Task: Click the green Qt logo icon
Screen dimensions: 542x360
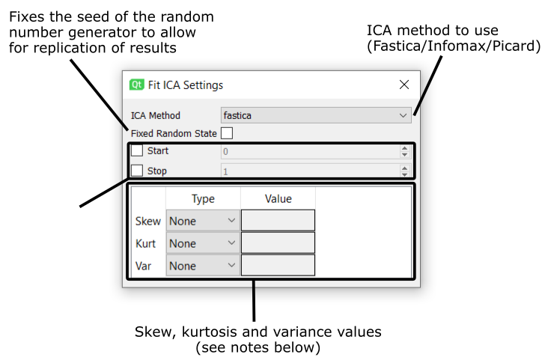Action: point(136,85)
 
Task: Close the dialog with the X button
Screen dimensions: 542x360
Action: point(404,85)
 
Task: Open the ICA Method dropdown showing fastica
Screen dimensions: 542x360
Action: point(316,115)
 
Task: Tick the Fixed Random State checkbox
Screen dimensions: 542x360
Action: point(227,133)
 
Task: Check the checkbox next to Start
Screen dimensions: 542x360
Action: point(137,150)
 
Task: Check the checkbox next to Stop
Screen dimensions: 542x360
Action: point(137,171)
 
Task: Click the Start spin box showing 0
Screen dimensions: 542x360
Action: point(316,151)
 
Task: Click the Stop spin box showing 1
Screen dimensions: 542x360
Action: point(316,171)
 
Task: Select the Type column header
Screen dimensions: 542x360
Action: point(203,198)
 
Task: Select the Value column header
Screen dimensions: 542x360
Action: point(278,198)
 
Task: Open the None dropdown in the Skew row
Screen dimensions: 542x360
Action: point(203,221)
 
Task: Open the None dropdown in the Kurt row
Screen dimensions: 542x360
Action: point(203,243)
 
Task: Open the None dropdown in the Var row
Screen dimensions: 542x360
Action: point(203,266)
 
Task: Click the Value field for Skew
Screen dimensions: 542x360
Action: point(278,221)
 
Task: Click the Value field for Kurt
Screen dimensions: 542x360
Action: point(278,243)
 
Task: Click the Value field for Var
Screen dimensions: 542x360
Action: point(278,266)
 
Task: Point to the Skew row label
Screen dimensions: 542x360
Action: point(148,221)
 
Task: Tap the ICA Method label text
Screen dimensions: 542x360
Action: point(156,115)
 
